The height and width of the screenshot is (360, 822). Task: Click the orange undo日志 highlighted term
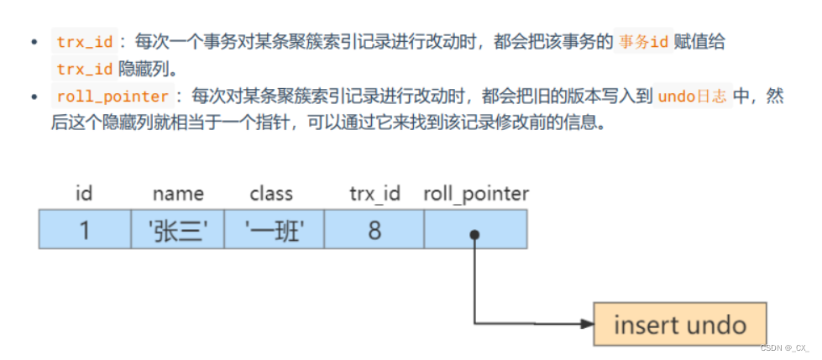(x=693, y=97)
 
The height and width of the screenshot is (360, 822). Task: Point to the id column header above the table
(x=84, y=194)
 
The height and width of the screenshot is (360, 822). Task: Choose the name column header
(x=178, y=194)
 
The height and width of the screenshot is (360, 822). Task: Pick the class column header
(x=271, y=194)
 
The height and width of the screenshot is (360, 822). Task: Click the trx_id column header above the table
(x=374, y=194)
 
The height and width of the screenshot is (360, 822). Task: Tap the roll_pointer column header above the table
(x=476, y=194)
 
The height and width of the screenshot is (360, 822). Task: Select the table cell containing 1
(x=85, y=230)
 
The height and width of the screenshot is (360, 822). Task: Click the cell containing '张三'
(x=178, y=230)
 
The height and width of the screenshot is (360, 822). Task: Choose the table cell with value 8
(x=374, y=230)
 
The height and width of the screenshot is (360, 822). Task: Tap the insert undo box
(x=679, y=325)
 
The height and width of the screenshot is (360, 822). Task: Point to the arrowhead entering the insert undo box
(x=585, y=323)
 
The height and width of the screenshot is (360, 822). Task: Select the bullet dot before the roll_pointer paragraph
(x=34, y=97)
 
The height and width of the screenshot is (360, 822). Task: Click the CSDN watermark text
(x=784, y=347)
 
